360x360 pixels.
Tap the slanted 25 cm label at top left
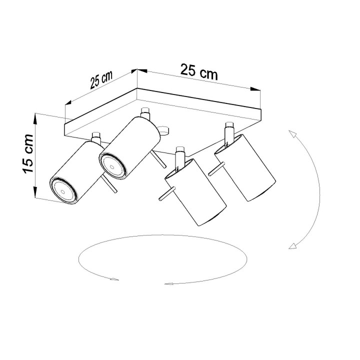(x=101, y=80)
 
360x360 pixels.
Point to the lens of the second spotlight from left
(x=111, y=163)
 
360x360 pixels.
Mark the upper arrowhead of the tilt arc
(x=291, y=133)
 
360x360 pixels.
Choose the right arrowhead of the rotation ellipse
(x=169, y=283)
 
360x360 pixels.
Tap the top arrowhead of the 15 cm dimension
(x=35, y=118)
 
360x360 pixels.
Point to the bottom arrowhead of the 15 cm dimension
(x=35, y=195)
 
